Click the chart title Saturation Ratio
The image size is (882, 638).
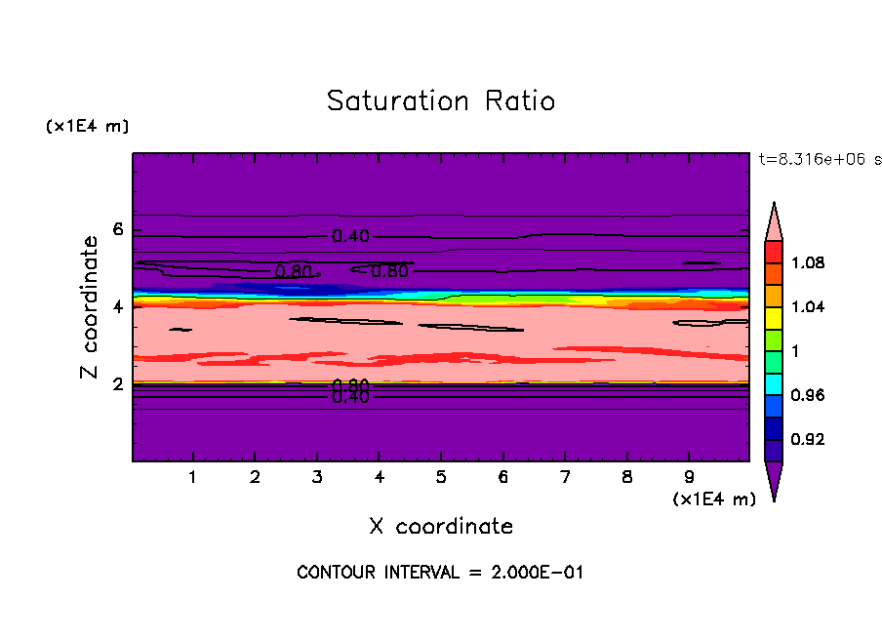(441, 101)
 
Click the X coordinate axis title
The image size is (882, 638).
(441, 527)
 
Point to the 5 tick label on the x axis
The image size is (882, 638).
(441, 478)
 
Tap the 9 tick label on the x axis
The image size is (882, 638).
(689, 478)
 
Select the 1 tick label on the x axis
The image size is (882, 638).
(193, 478)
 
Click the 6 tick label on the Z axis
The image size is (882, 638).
(119, 229)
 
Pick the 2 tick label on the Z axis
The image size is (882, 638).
(119, 383)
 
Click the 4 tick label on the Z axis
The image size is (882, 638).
(119, 306)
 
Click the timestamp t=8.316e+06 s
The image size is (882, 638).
(819, 158)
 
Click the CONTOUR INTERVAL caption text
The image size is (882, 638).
(440, 573)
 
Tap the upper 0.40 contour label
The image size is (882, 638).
(351, 236)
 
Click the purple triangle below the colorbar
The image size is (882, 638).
(774, 480)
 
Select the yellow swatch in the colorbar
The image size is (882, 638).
(774, 317)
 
